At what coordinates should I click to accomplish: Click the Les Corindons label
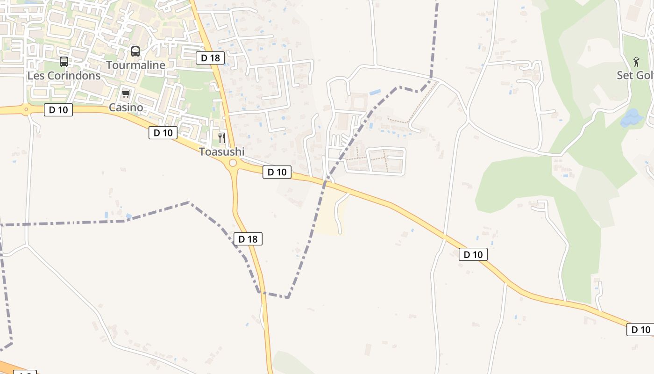[x=64, y=76]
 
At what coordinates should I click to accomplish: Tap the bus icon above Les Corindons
[x=64, y=62]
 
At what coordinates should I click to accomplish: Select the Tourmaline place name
[x=136, y=65]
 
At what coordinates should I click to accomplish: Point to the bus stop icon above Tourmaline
[x=135, y=51]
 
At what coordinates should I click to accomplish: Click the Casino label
[x=126, y=108]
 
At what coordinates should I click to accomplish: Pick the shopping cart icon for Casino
[x=126, y=94]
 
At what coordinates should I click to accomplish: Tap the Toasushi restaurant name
[x=222, y=152]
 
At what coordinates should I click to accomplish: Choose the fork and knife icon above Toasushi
[x=222, y=138]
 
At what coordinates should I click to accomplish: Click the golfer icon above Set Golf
[x=636, y=62]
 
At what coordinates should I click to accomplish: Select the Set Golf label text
[x=635, y=75]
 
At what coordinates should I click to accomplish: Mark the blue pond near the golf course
[x=631, y=118]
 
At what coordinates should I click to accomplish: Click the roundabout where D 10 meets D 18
[x=232, y=163]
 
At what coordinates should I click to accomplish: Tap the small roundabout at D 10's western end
[x=26, y=110]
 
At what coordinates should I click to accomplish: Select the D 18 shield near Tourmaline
[x=210, y=58]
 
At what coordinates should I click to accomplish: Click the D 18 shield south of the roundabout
[x=248, y=239]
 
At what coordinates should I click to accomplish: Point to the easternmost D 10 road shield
[x=640, y=330]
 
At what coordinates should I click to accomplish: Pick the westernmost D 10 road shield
[x=58, y=110]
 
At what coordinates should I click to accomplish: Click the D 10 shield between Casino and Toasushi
[x=163, y=133]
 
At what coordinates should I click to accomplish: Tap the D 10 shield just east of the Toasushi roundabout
[x=277, y=172]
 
